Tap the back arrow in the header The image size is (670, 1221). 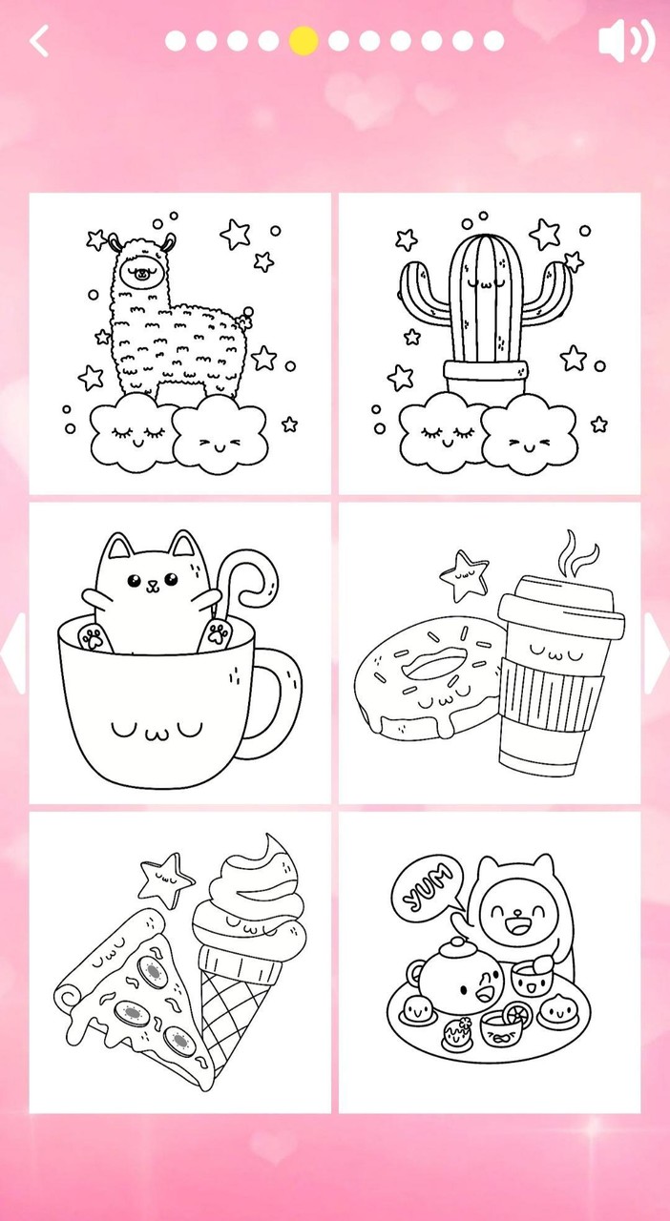[x=39, y=41]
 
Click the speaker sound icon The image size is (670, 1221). [x=625, y=41]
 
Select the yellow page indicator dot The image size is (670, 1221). [x=304, y=41]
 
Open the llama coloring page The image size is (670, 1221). [x=180, y=343]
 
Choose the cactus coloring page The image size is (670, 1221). [x=490, y=343]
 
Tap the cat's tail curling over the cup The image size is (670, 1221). [x=250, y=576]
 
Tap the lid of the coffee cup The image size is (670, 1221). [x=559, y=598]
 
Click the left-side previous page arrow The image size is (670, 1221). [x=12, y=653]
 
